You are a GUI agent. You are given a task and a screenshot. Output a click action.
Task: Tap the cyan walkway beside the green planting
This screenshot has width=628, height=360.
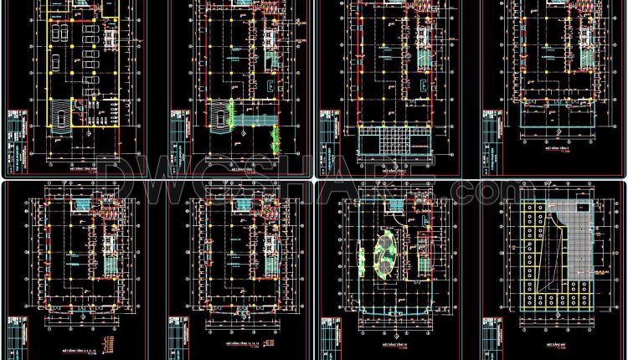pyautogui.click(x=255, y=121)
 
